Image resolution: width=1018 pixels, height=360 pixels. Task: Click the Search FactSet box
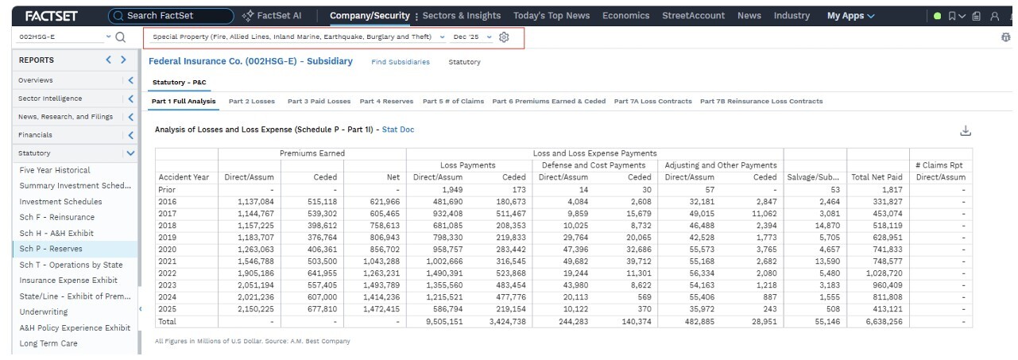tap(171, 16)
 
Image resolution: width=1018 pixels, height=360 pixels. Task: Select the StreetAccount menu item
tap(693, 15)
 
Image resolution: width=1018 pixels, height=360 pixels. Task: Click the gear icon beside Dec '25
tap(504, 37)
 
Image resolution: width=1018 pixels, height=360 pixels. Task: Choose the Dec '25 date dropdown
tap(472, 37)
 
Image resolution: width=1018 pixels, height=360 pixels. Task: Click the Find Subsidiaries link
tap(401, 62)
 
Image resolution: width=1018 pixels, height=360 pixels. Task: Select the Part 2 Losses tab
tap(252, 102)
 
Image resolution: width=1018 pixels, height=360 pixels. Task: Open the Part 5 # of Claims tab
tap(453, 102)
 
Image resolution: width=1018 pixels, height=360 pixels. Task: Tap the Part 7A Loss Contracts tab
tap(652, 102)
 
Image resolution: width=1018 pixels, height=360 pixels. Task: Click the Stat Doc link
tap(398, 130)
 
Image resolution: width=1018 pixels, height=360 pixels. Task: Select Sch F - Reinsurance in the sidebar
tap(56, 217)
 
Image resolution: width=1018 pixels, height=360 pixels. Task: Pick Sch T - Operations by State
tap(71, 265)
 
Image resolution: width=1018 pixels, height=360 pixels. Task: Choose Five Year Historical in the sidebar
tap(55, 170)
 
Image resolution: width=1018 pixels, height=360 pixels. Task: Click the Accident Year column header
tap(184, 177)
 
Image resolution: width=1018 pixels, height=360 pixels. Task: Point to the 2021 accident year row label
tap(167, 261)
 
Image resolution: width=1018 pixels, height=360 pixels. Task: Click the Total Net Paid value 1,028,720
tap(884, 273)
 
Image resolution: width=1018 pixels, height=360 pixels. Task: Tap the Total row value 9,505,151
tap(444, 322)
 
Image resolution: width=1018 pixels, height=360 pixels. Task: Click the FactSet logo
tap(52, 17)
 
